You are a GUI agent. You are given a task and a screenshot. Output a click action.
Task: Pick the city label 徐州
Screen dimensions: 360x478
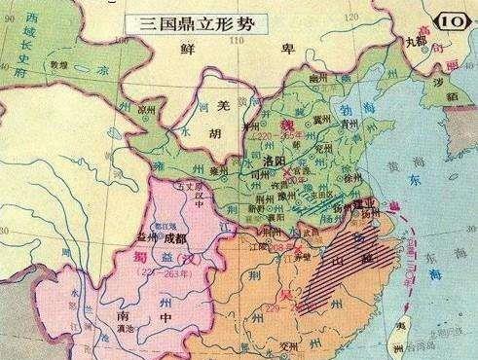pos(341,182)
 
